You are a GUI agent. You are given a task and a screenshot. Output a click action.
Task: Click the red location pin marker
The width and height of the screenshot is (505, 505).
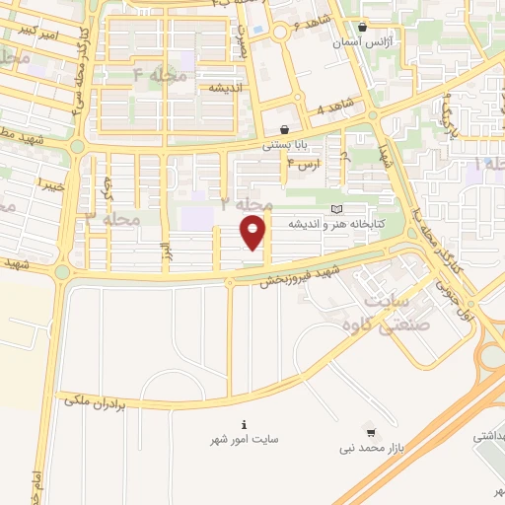tap(253, 232)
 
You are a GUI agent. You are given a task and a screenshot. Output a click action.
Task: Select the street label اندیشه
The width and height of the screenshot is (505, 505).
tap(226, 87)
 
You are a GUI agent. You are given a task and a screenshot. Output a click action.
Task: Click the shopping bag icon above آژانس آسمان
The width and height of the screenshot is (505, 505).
tap(363, 28)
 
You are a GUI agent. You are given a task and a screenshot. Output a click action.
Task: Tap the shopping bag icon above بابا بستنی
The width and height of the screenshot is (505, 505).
tap(284, 129)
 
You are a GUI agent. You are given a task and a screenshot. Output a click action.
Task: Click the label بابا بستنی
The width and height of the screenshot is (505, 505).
tap(283, 145)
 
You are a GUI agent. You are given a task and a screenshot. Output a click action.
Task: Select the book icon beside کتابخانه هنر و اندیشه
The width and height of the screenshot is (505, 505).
tap(338, 210)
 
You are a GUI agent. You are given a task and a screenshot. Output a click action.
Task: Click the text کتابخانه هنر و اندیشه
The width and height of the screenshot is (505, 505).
tap(336, 225)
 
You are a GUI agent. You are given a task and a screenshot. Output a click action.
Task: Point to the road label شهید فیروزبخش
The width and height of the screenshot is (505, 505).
tap(300, 275)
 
